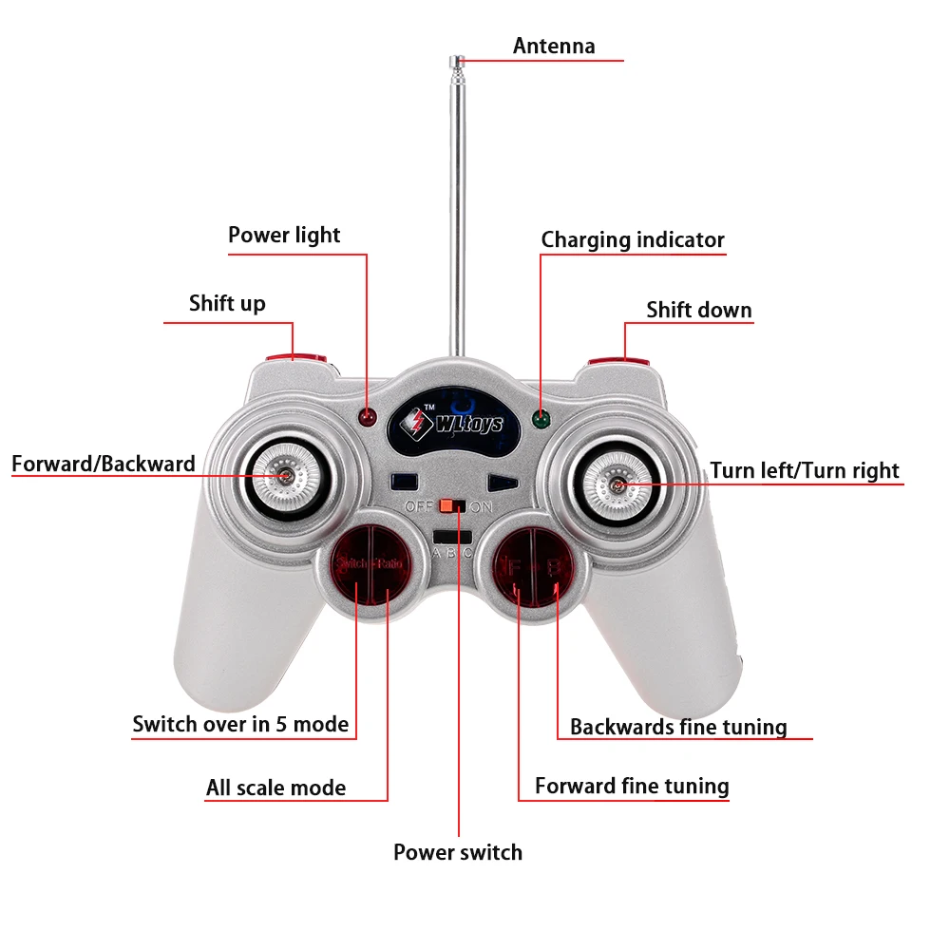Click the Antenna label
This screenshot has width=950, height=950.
554,46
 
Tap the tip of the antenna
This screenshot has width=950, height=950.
457,64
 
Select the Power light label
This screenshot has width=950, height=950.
284,235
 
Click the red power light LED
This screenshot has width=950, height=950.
368,417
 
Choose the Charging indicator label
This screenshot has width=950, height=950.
633,239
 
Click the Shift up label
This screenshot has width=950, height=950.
227,303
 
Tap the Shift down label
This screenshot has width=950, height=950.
698,310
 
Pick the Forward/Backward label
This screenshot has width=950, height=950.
104,464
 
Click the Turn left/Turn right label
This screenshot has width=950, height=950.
805,470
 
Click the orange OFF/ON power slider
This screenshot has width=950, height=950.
459,506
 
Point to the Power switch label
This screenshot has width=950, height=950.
458,852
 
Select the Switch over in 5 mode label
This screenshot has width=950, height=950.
240,724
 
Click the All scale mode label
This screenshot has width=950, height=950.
275,788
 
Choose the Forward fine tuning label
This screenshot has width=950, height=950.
632,786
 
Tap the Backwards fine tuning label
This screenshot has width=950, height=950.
678,727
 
